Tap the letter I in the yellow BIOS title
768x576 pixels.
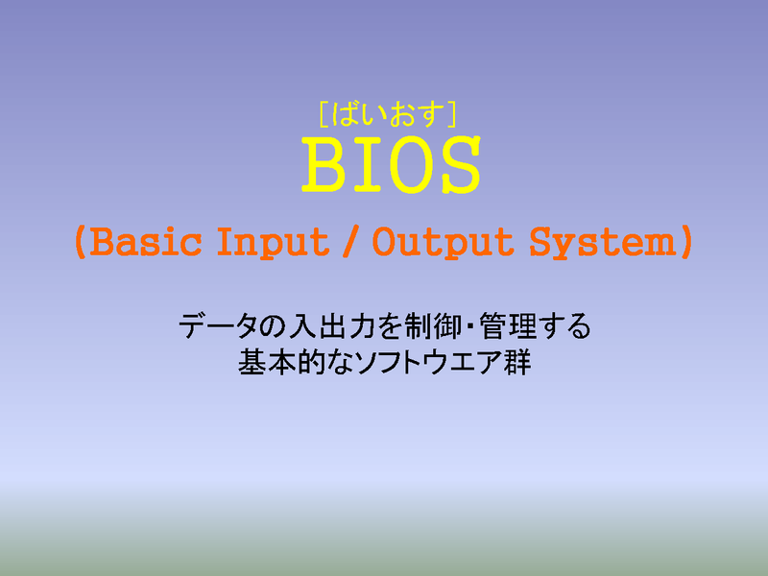[369, 164]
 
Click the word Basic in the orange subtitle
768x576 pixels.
[146, 242]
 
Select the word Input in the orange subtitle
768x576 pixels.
[273, 244]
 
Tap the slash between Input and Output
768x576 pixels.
[350, 242]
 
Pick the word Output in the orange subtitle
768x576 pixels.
[444, 244]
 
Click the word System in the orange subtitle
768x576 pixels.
[603, 244]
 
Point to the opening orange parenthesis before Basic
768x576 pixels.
[81, 242]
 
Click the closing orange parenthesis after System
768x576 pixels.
[686, 242]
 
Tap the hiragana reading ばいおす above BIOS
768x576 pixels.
[388, 114]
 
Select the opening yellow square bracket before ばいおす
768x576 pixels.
[324, 114]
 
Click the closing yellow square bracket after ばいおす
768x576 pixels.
[451, 114]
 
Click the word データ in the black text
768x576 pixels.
[218, 326]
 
